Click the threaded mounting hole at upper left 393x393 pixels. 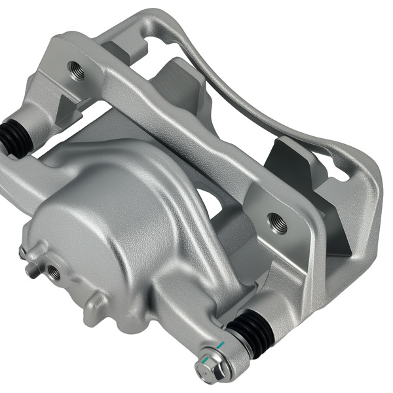77,69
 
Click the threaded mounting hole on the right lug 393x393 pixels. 278,223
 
